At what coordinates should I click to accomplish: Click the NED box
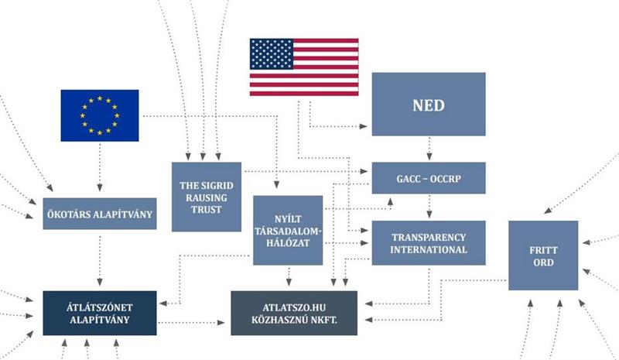(x=428, y=105)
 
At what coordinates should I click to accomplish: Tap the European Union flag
(x=99, y=115)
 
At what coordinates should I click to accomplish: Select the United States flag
(x=304, y=67)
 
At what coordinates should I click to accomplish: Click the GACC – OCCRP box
(x=428, y=178)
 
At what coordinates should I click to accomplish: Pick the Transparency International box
(x=428, y=242)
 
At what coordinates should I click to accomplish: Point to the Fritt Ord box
(x=543, y=255)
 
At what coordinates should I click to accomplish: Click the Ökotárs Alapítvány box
(x=100, y=214)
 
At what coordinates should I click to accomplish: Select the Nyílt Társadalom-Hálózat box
(x=287, y=230)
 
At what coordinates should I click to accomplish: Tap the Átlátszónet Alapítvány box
(x=100, y=313)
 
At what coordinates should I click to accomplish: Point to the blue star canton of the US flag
(x=270, y=53)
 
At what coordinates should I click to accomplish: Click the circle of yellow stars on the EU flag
(x=99, y=115)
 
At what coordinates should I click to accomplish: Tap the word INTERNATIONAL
(x=429, y=250)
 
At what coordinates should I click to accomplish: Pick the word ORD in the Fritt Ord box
(x=543, y=262)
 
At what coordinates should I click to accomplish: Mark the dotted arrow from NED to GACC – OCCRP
(x=428, y=149)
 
